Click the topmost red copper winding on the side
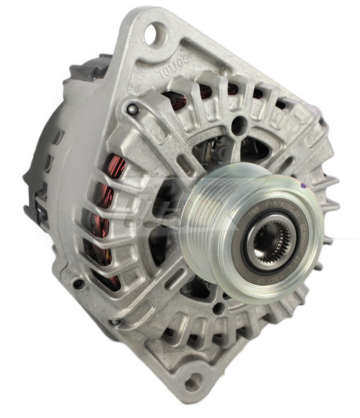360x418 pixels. (116, 168)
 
